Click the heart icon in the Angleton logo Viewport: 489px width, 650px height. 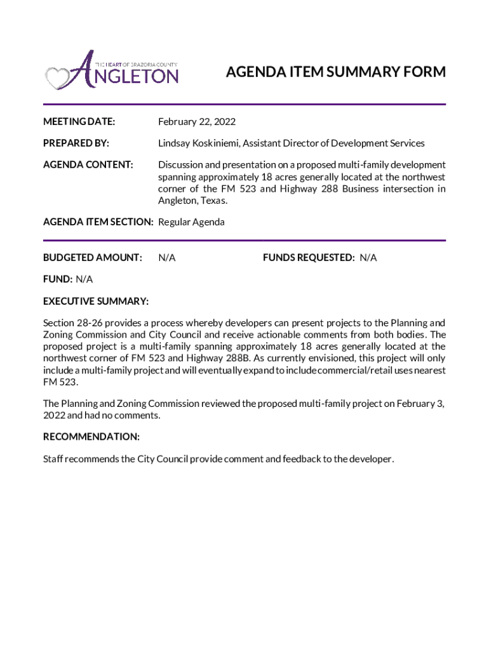point(57,78)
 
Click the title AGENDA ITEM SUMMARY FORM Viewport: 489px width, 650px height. point(335,72)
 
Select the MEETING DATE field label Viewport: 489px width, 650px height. point(79,121)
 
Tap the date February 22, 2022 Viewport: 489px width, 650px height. point(196,121)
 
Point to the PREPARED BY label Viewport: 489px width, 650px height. point(76,143)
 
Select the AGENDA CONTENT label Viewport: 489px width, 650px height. point(88,165)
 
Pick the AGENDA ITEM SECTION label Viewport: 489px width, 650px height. point(98,222)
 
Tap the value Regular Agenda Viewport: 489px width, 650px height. point(191,222)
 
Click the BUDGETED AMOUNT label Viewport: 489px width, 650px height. point(92,258)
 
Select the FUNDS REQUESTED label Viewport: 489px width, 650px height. point(309,258)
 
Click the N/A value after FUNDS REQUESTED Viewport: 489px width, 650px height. point(368,258)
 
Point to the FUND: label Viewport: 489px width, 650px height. point(58,279)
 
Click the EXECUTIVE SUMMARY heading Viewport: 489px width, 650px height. point(96,301)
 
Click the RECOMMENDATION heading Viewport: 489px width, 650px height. point(91,437)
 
